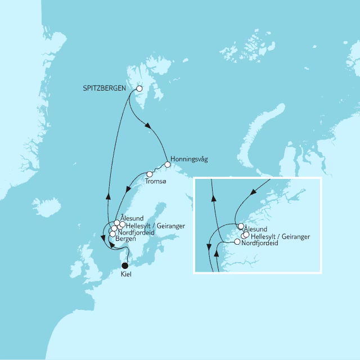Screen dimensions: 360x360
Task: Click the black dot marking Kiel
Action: (125, 265)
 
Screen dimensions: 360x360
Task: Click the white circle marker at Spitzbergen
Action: (139, 88)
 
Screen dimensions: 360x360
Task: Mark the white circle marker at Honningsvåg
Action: (167, 165)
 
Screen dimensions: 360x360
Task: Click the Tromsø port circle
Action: (149, 174)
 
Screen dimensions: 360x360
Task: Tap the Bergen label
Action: (127, 239)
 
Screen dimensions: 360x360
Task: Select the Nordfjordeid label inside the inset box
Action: (259, 244)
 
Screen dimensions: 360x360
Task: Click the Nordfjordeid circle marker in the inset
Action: (237, 242)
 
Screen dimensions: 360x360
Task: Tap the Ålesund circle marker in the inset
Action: (241, 227)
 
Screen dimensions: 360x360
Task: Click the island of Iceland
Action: (45, 204)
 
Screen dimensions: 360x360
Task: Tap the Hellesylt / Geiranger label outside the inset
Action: (154, 226)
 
